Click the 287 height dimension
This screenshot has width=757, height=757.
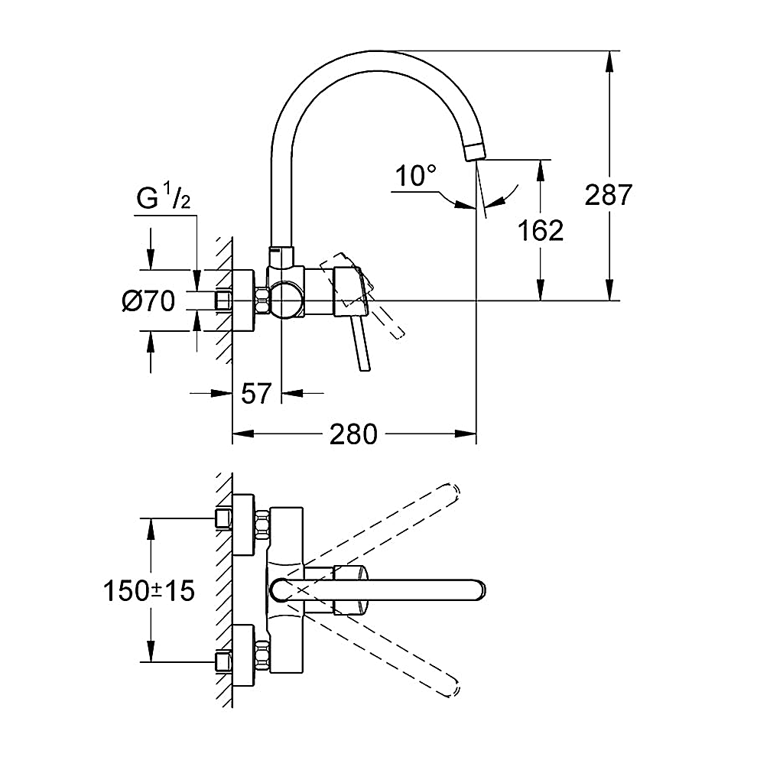(x=608, y=195)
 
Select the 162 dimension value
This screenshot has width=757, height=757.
(x=541, y=229)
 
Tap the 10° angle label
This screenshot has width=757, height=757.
(x=415, y=177)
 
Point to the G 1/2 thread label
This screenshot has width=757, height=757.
(x=163, y=200)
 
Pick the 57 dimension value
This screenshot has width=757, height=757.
(x=256, y=394)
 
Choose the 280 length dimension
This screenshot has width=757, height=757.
(x=354, y=434)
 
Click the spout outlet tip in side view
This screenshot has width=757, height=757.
(x=475, y=150)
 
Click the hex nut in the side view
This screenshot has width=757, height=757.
(x=263, y=300)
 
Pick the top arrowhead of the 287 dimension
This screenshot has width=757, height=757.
(x=609, y=58)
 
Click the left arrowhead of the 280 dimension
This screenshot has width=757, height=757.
(x=239, y=434)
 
